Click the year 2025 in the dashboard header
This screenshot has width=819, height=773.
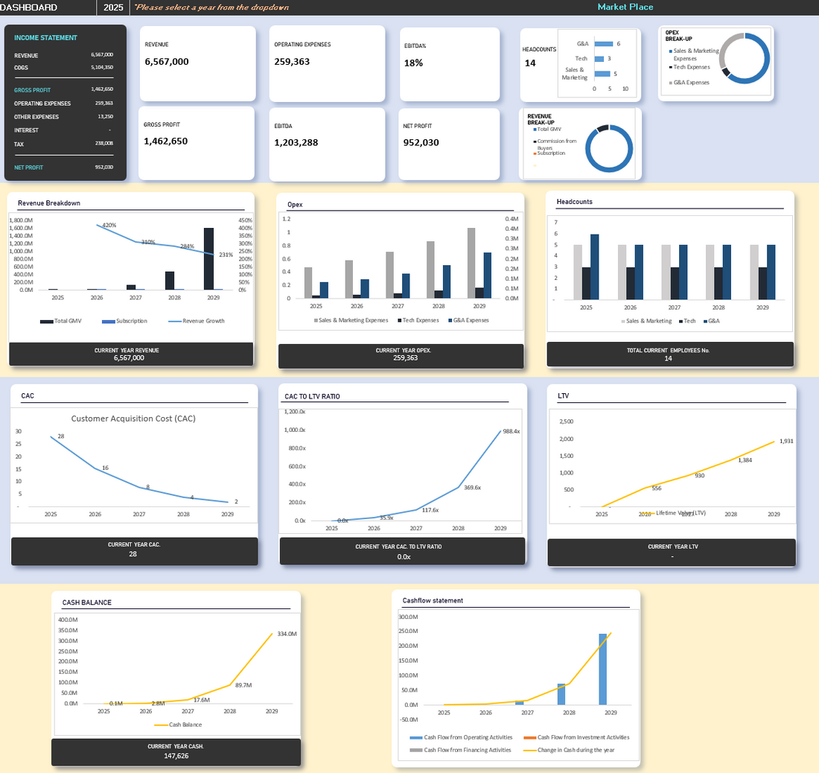pyautogui.click(x=114, y=7)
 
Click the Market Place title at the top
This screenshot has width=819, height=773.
pyautogui.click(x=625, y=7)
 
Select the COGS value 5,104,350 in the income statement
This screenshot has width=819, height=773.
pyautogui.click(x=101, y=67)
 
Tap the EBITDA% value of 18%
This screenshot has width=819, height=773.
pyautogui.click(x=414, y=63)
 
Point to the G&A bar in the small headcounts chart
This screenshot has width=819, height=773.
pyautogui.click(x=603, y=44)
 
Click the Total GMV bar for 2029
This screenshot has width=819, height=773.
pyautogui.click(x=208, y=258)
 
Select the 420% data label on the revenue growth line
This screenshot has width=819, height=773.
pyautogui.click(x=109, y=225)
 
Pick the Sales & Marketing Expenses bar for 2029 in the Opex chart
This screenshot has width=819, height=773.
pyautogui.click(x=471, y=263)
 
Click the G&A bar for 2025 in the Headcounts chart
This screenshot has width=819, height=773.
pyautogui.click(x=594, y=267)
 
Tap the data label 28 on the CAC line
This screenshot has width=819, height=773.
pyautogui.click(x=61, y=436)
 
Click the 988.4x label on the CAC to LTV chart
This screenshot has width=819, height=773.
pyautogui.click(x=511, y=431)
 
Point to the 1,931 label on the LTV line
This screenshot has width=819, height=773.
pyautogui.click(x=786, y=441)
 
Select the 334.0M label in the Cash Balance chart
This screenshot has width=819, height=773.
pyautogui.click(x=287, y=634)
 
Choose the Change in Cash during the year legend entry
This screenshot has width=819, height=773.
pyautogui.click(x=576, y=750)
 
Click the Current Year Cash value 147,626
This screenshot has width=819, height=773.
pyautogui.click(x=176, y=756)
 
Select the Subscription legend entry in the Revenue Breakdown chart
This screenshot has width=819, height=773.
pyautogui.click(x=131, y=321)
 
